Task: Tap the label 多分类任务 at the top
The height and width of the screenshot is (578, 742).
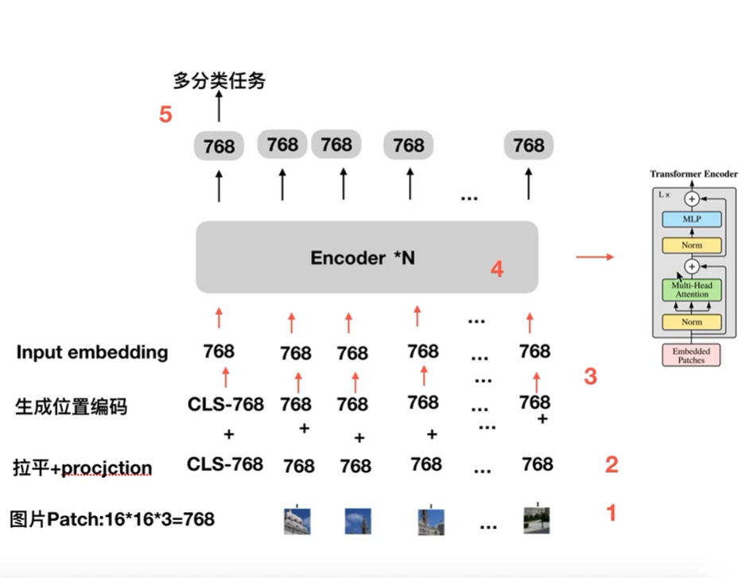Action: (219, 80)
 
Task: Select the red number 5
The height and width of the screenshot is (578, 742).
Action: (165, 114)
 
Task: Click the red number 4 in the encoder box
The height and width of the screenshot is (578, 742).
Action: (497, 270)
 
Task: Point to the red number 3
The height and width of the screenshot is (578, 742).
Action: (590, 376)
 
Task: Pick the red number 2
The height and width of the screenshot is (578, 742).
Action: (611, 464)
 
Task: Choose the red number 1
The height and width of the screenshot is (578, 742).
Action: (611, 513)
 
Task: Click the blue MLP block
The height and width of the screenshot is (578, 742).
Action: (691, 219)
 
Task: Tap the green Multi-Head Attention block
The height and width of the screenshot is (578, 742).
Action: (691, 289)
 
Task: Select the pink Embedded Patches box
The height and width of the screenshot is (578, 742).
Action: (690, 355)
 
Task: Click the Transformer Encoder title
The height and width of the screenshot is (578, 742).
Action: (693, 174)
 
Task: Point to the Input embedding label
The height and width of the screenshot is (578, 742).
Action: (92, 352)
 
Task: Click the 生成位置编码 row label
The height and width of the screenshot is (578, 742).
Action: (72, 407)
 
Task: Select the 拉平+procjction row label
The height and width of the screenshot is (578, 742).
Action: (84, 467)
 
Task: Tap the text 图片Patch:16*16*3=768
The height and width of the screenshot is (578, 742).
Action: (112, 520)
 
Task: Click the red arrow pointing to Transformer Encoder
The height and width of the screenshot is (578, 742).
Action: (594, 257)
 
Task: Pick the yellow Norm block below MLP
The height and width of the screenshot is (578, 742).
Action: (691, 245)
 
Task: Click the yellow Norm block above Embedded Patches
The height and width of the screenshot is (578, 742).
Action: (691, 322)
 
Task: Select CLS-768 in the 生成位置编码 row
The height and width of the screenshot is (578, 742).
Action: (226, 404)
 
